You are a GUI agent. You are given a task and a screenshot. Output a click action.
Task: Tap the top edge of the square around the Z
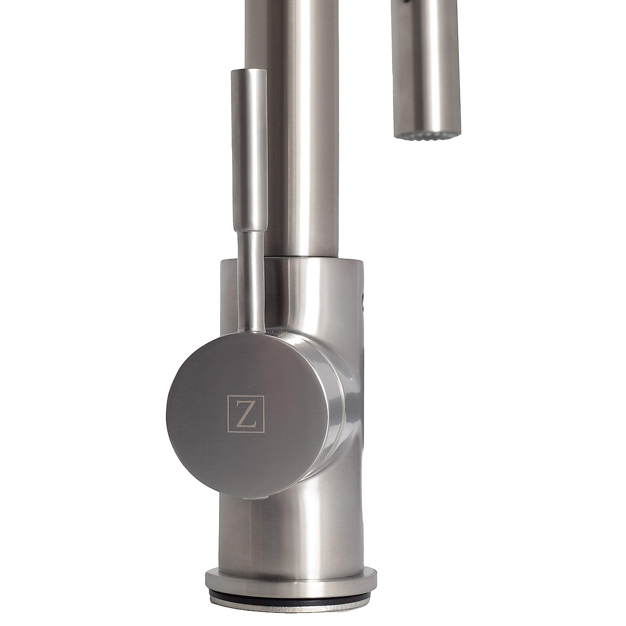pyautogui.click(x=246, y=395)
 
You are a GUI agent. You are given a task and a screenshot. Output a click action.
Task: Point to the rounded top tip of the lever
pyautogui.click(x=245, y=70)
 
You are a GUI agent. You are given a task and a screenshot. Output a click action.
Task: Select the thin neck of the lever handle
pyautogui.click(x=247, y=282)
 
